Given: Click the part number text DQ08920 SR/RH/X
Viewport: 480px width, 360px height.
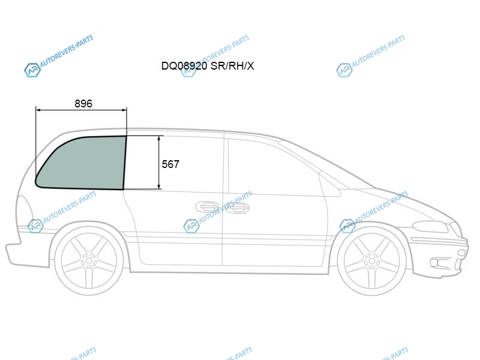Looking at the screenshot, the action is (x=208, y=66).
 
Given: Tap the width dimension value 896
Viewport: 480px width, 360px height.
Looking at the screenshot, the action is (x=83, y=103).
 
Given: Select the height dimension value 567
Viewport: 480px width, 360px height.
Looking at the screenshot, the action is (x=170, y=164).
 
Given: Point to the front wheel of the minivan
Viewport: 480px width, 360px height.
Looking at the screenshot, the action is (x=372, y=260).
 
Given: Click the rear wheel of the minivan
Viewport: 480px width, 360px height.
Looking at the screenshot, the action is (x=89, y=260).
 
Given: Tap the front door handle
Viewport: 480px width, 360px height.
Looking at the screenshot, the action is (x=237, y=208).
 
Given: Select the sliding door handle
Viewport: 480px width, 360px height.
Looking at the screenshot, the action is (x=206, y=207).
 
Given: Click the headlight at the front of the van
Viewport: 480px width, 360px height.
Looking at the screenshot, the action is (x=430, y=227).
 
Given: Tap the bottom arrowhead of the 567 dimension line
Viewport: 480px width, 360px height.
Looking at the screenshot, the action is (x=159, y=186).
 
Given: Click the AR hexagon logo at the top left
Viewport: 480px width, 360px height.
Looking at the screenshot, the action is (x=32, y=70).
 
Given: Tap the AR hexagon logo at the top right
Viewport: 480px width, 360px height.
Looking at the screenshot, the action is (x=344, y=70).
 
